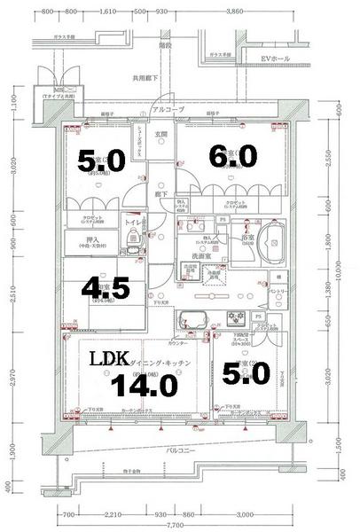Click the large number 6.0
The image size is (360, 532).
(232, 157)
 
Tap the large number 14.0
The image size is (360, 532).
(144, 384)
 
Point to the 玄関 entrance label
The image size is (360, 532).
(162, 134)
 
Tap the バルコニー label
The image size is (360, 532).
(182, 451)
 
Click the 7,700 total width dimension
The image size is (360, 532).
(181, 526)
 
